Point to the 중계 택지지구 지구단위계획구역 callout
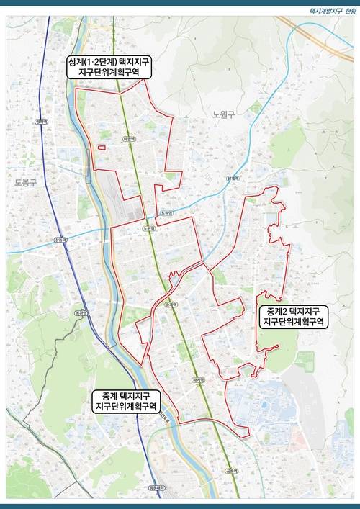click(126, 402)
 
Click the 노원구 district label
click(225, 114)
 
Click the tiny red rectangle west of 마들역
click(101, 148)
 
